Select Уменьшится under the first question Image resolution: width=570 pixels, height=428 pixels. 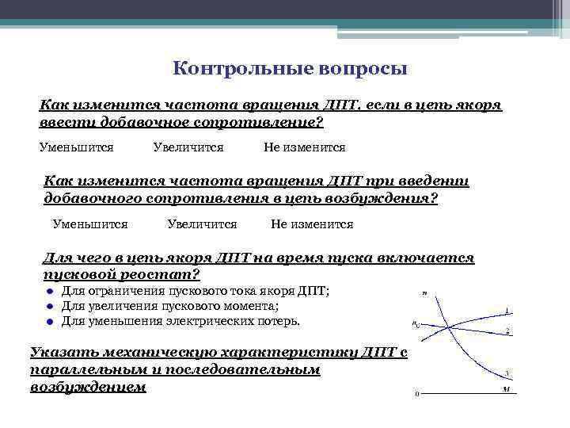(x=77, y=147)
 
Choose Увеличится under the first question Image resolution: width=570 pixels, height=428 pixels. (x=188, y=147)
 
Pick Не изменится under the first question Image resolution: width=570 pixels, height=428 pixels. (x=305, y=147)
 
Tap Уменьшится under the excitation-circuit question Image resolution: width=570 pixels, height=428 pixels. (x=89, y=224)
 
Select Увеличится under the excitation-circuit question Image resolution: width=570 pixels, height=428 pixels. (x=202, y=224)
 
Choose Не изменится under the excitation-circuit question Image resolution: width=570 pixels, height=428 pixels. (x=312, y=224)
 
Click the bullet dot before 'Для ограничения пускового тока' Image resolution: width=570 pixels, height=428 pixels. (x=49, y=292)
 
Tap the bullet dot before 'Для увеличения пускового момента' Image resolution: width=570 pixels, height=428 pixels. (x=49, y=307)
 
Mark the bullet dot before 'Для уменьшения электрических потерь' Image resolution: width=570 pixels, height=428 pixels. (x=49, y=322)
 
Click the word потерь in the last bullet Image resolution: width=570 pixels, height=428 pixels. (x=277, y=321)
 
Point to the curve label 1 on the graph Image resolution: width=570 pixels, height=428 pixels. (x=507, y=309)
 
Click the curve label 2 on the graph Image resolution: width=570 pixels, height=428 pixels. (x=507, y=331)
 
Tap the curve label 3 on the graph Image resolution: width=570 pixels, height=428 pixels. (x=506, y=373)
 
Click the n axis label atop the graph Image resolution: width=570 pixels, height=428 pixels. (x=425, y=292)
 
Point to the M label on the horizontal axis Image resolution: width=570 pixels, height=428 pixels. (x=506, y=390)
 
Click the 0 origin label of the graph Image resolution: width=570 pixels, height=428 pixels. (x=417, y=392)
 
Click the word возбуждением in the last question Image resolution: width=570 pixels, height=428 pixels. (x=88, y=387)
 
